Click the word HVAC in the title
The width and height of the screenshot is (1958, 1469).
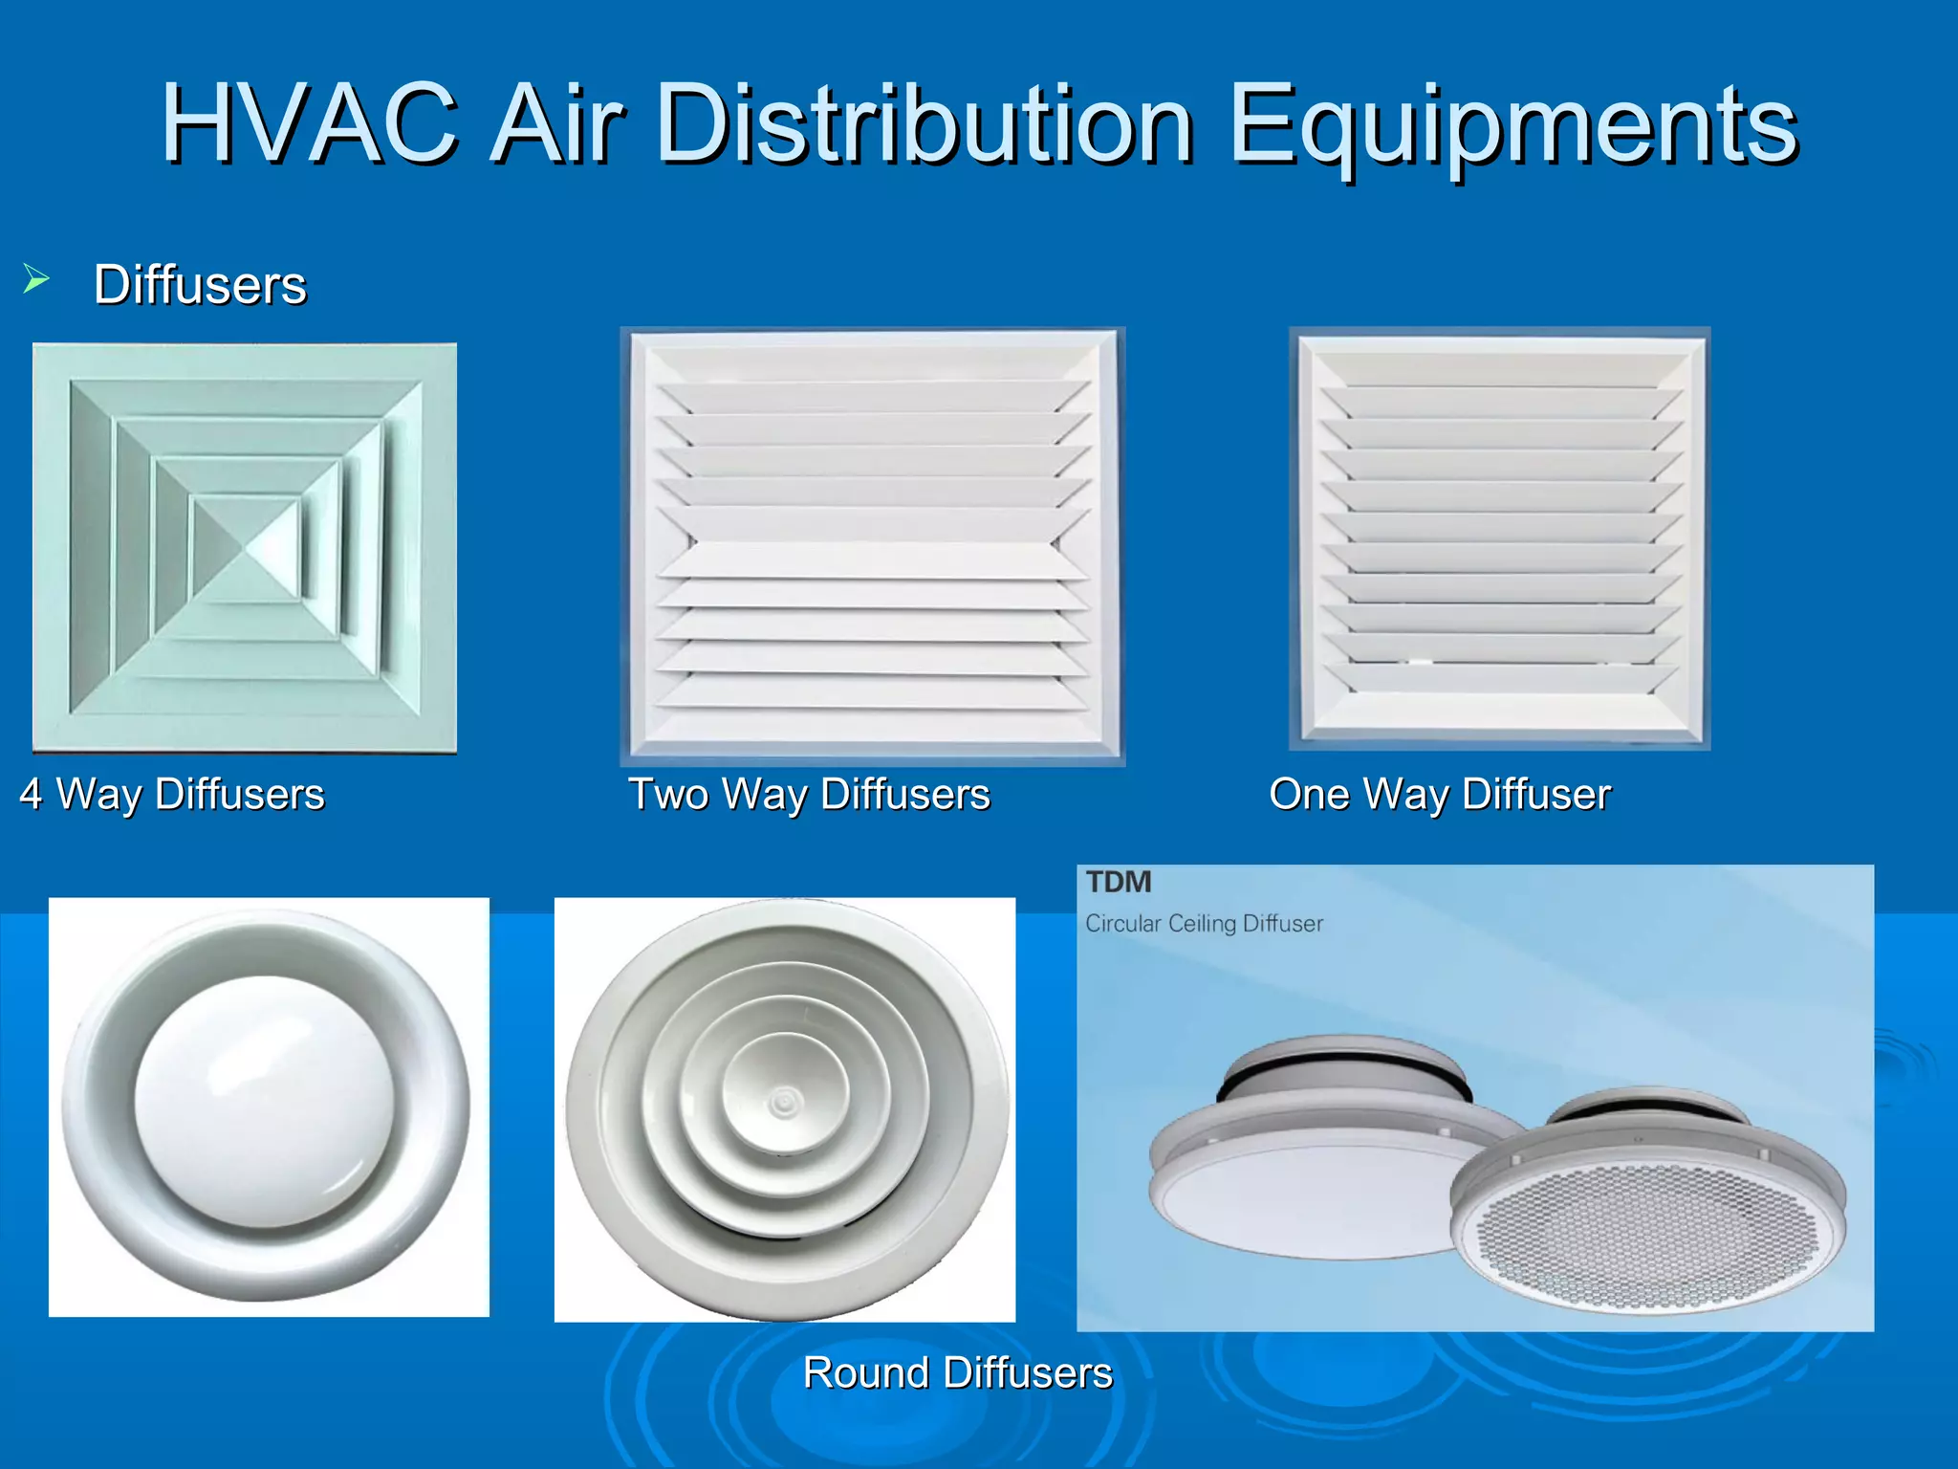(309, 124)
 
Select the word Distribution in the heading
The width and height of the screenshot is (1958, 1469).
(925, 124)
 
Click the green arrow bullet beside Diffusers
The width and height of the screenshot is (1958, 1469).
(36, 279)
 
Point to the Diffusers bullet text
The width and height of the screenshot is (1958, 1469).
(200, 285)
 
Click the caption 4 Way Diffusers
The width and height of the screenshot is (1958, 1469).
(172, 794)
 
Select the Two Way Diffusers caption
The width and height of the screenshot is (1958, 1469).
(809, 794)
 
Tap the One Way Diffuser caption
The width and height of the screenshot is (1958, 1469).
(1440, 794)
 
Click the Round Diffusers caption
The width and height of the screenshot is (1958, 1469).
(958, 1373)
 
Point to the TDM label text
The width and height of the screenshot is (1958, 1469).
(1119, 882)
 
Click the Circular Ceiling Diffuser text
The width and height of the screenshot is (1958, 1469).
(1204, 924)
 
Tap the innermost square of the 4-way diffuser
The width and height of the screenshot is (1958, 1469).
(247, 548)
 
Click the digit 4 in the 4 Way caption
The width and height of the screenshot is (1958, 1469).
(31, 794)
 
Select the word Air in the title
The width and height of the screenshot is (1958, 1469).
(556, 124)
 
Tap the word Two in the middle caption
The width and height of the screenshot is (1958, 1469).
(668, 794)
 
